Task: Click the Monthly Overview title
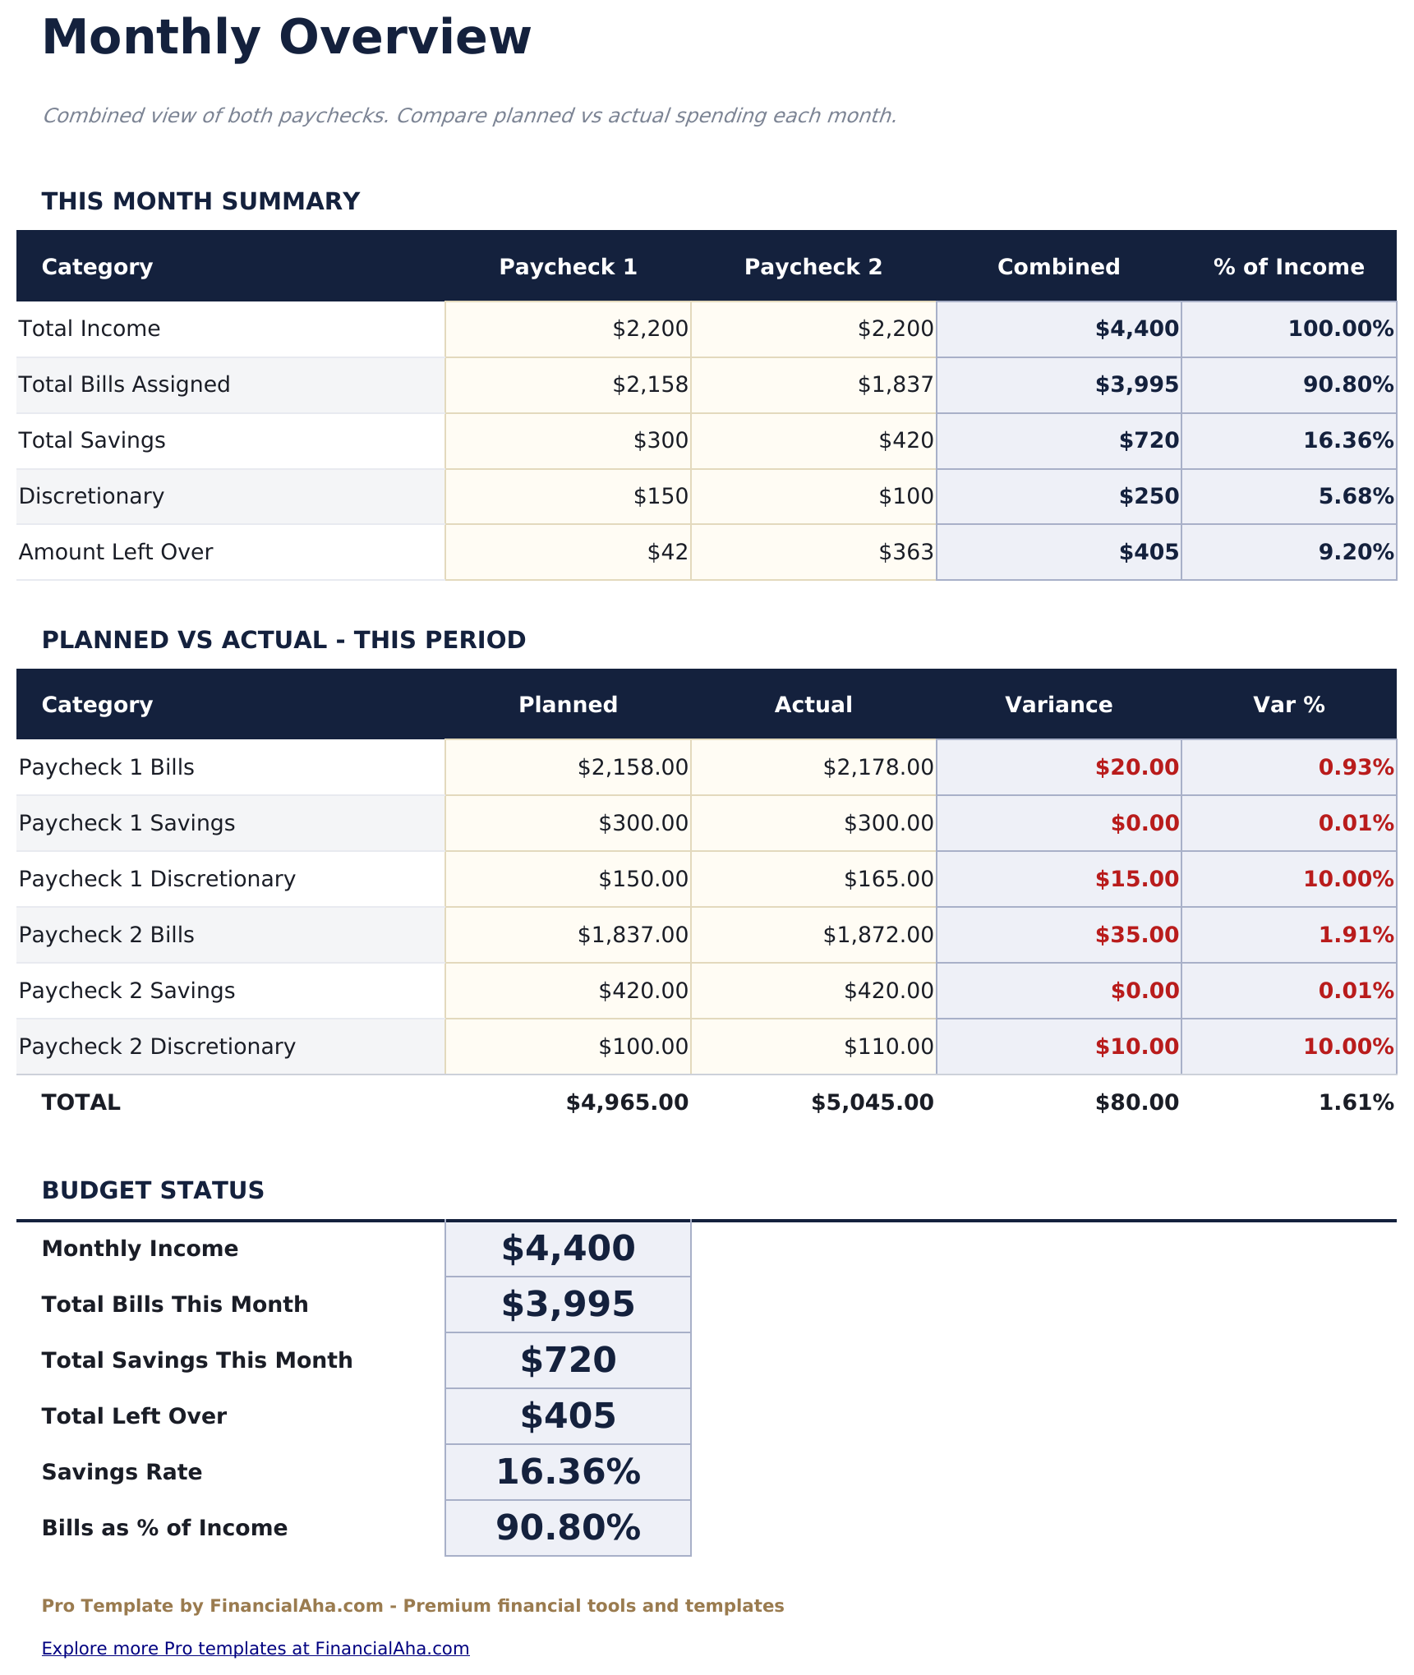(x=286, y=38)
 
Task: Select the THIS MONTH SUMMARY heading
(x=200, y=201)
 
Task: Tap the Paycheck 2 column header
(x=813, y=267)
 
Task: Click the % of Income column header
(x=1288, y=267)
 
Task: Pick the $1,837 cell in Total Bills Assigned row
(x=896, y=384)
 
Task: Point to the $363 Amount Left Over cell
(x=906, y=552)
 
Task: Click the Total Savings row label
(x=92, y=440)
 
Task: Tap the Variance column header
(x=1058, y=705)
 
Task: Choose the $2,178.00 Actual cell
(x=878, y=767)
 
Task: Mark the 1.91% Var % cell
(x=1356, y=935)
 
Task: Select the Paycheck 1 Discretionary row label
(x=157, y=879)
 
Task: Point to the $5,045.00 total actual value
(x=873, y=1102)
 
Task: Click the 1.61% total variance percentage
(x=1356, y=1102)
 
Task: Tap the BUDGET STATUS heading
(x=153, y=1190)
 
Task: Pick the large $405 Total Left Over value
(x=568, y=1415)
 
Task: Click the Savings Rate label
(x=122, y=1472)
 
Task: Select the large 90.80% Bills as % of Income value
(x=568, y=1528)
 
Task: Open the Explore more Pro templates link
(x=256, y=1648)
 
